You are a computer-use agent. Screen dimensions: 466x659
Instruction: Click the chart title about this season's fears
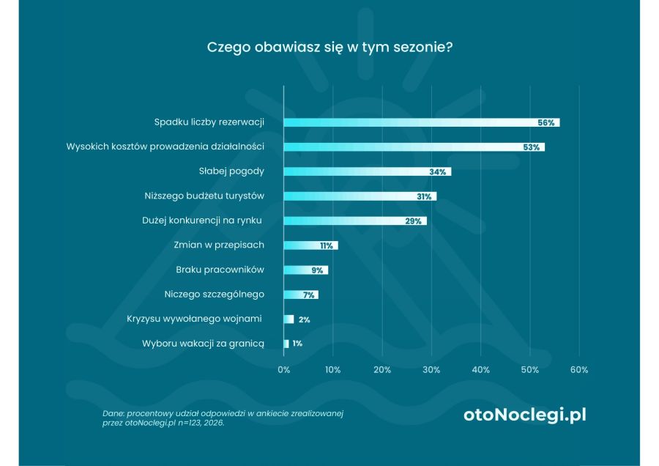point(329,47)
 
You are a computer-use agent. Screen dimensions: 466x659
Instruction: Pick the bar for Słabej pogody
point(366,171)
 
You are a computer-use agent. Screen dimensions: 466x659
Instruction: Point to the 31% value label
point(423,196)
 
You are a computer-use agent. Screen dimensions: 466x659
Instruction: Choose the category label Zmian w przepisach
point(219,245)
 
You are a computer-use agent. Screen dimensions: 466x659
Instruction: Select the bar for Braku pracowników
point(305,270)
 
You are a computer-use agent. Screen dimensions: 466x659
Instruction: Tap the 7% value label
point(308,295)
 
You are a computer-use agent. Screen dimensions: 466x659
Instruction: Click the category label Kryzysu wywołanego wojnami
point(194,319)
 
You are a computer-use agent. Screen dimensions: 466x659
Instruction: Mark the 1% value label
point(297,344)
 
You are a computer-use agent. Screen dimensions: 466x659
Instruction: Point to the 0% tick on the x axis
point(284,370)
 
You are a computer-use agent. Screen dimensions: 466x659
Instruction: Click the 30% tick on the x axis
point(431,370)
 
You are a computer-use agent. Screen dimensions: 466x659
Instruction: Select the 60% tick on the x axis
point(578,370)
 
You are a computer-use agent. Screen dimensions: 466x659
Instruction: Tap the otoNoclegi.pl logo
point(524,415)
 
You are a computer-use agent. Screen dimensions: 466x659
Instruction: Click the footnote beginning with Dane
point(223,418)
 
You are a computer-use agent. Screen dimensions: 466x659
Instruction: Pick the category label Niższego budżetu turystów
point(204,196)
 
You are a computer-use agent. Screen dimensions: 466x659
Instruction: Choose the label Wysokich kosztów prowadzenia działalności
point(165,147)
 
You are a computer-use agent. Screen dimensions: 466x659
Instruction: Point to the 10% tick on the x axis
point(332,370)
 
